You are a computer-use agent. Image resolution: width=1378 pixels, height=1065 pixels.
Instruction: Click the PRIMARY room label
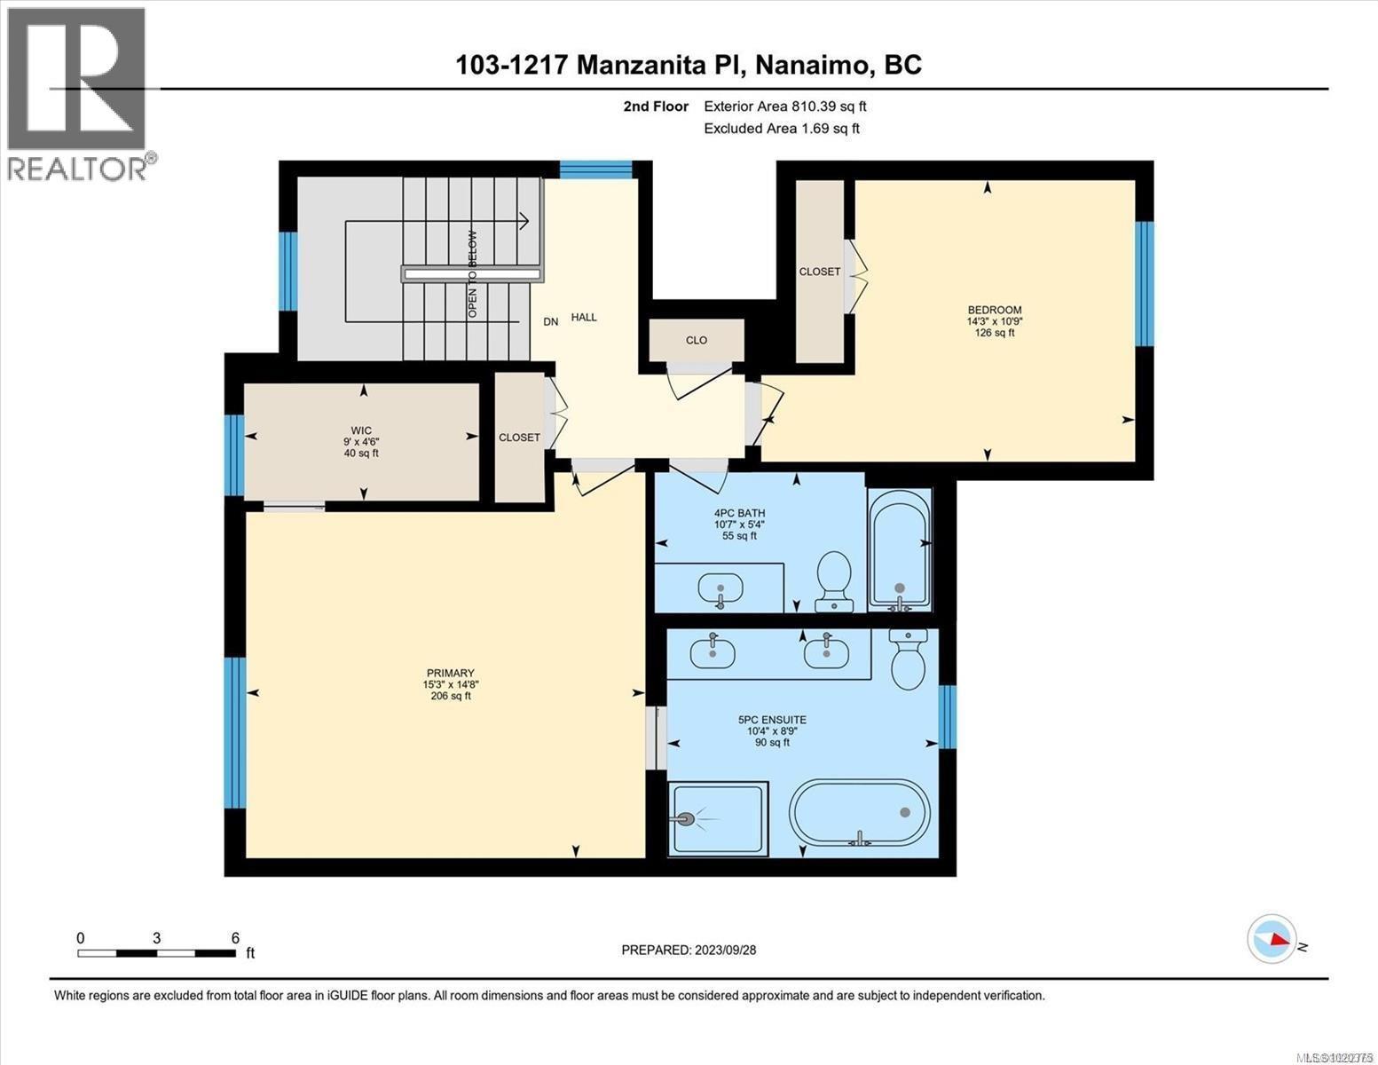click(450, 674)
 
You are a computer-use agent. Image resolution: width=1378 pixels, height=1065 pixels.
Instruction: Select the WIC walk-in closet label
click(361, 430)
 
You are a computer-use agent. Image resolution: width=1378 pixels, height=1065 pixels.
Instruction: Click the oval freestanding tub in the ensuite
click(859, 816)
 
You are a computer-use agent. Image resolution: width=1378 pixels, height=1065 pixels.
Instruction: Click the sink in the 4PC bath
click(720, 588)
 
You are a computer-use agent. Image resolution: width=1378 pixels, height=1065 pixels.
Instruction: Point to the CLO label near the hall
click(697, 340)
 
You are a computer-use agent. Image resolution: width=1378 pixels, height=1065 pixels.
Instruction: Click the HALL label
click(584, 317)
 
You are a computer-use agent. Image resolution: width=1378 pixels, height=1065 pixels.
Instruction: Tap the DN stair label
click(551, 321)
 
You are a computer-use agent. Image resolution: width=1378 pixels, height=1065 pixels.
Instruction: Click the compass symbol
click(1272, 938)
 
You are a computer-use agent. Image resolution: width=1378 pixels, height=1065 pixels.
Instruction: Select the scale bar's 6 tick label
click(235, 938)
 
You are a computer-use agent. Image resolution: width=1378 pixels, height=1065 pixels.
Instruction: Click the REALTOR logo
click(78, 93)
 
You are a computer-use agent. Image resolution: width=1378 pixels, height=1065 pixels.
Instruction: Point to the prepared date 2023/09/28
click(689, 950)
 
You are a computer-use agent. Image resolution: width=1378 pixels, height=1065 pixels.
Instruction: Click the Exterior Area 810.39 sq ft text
click(784, 106)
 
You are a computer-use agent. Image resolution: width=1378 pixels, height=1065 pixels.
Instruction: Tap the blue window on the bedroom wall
click(1145, 283)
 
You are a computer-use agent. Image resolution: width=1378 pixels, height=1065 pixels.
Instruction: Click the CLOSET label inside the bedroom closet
click(819, 272)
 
